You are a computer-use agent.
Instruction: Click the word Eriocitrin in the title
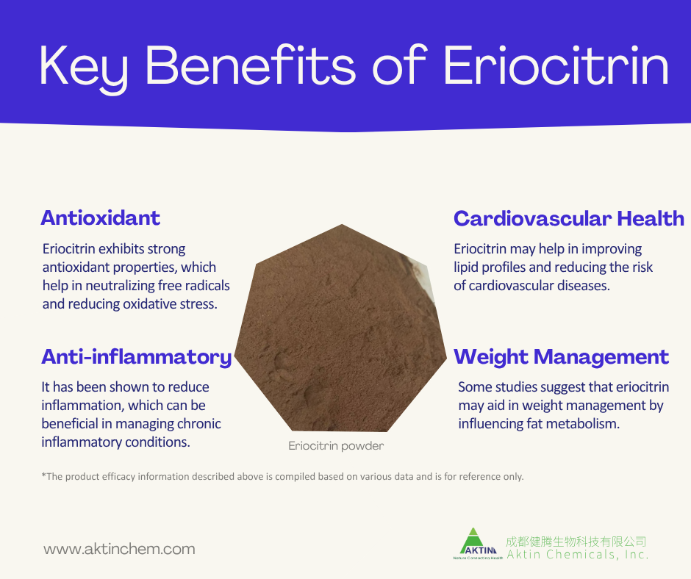(556, 65)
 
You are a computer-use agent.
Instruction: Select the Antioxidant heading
(100, 218)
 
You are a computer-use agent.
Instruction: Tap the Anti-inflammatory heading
(137, 357)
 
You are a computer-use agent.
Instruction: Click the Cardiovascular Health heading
(568, 218)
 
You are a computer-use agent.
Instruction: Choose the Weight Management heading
(561, 357)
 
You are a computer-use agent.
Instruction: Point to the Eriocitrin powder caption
(336, 445)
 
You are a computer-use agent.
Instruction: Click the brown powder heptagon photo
(342, 331)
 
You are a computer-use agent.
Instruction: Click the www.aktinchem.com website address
(119, 549)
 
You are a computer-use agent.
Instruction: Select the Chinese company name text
(576, 542)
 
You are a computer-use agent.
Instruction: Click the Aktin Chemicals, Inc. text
(577, 555)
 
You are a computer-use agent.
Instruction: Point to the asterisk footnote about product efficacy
(283, 476)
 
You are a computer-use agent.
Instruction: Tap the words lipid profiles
(488, 267)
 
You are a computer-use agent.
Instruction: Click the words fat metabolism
(568, 423)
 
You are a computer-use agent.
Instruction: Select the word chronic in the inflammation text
(198, 423)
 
